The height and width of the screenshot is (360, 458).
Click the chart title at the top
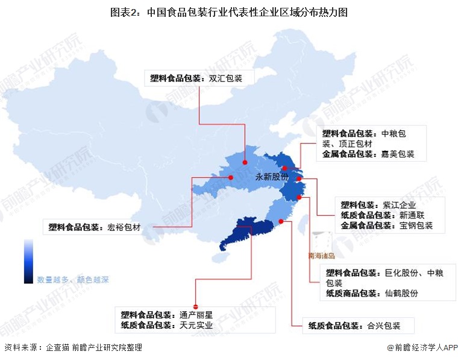228,12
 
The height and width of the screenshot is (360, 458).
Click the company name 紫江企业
400,204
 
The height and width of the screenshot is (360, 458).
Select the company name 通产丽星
196,315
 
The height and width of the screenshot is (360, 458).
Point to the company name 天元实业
196,326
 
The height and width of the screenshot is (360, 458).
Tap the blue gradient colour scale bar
29,261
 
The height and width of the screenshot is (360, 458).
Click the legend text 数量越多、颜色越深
73,280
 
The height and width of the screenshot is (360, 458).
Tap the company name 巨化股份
401,273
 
